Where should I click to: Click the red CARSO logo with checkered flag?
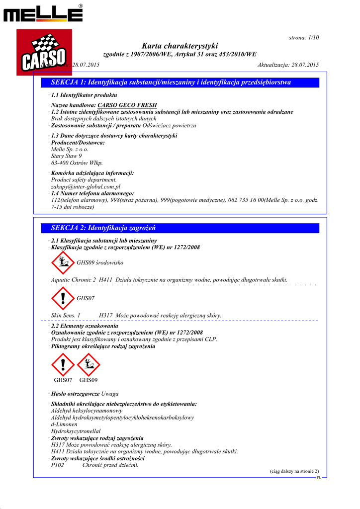coord(44,52)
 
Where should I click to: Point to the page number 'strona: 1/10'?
coord(304,38)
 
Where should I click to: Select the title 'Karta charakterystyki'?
coord(180,46)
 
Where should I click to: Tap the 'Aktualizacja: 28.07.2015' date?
coord(288,65)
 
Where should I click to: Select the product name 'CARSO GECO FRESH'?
coord(127,105)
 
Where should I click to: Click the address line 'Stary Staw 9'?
coord(67,156)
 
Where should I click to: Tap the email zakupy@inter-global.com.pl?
coord(86,186)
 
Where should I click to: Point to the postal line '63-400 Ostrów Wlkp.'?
coord(77,163)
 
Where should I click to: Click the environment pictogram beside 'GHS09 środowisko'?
coord(62,262)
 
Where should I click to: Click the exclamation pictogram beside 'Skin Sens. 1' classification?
coord(62,298)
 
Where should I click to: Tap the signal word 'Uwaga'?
coord(110,394)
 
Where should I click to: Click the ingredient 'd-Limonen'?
coord(64,424)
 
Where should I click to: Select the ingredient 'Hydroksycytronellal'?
coord(76,431)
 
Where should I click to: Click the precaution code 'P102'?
coord(58,466)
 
